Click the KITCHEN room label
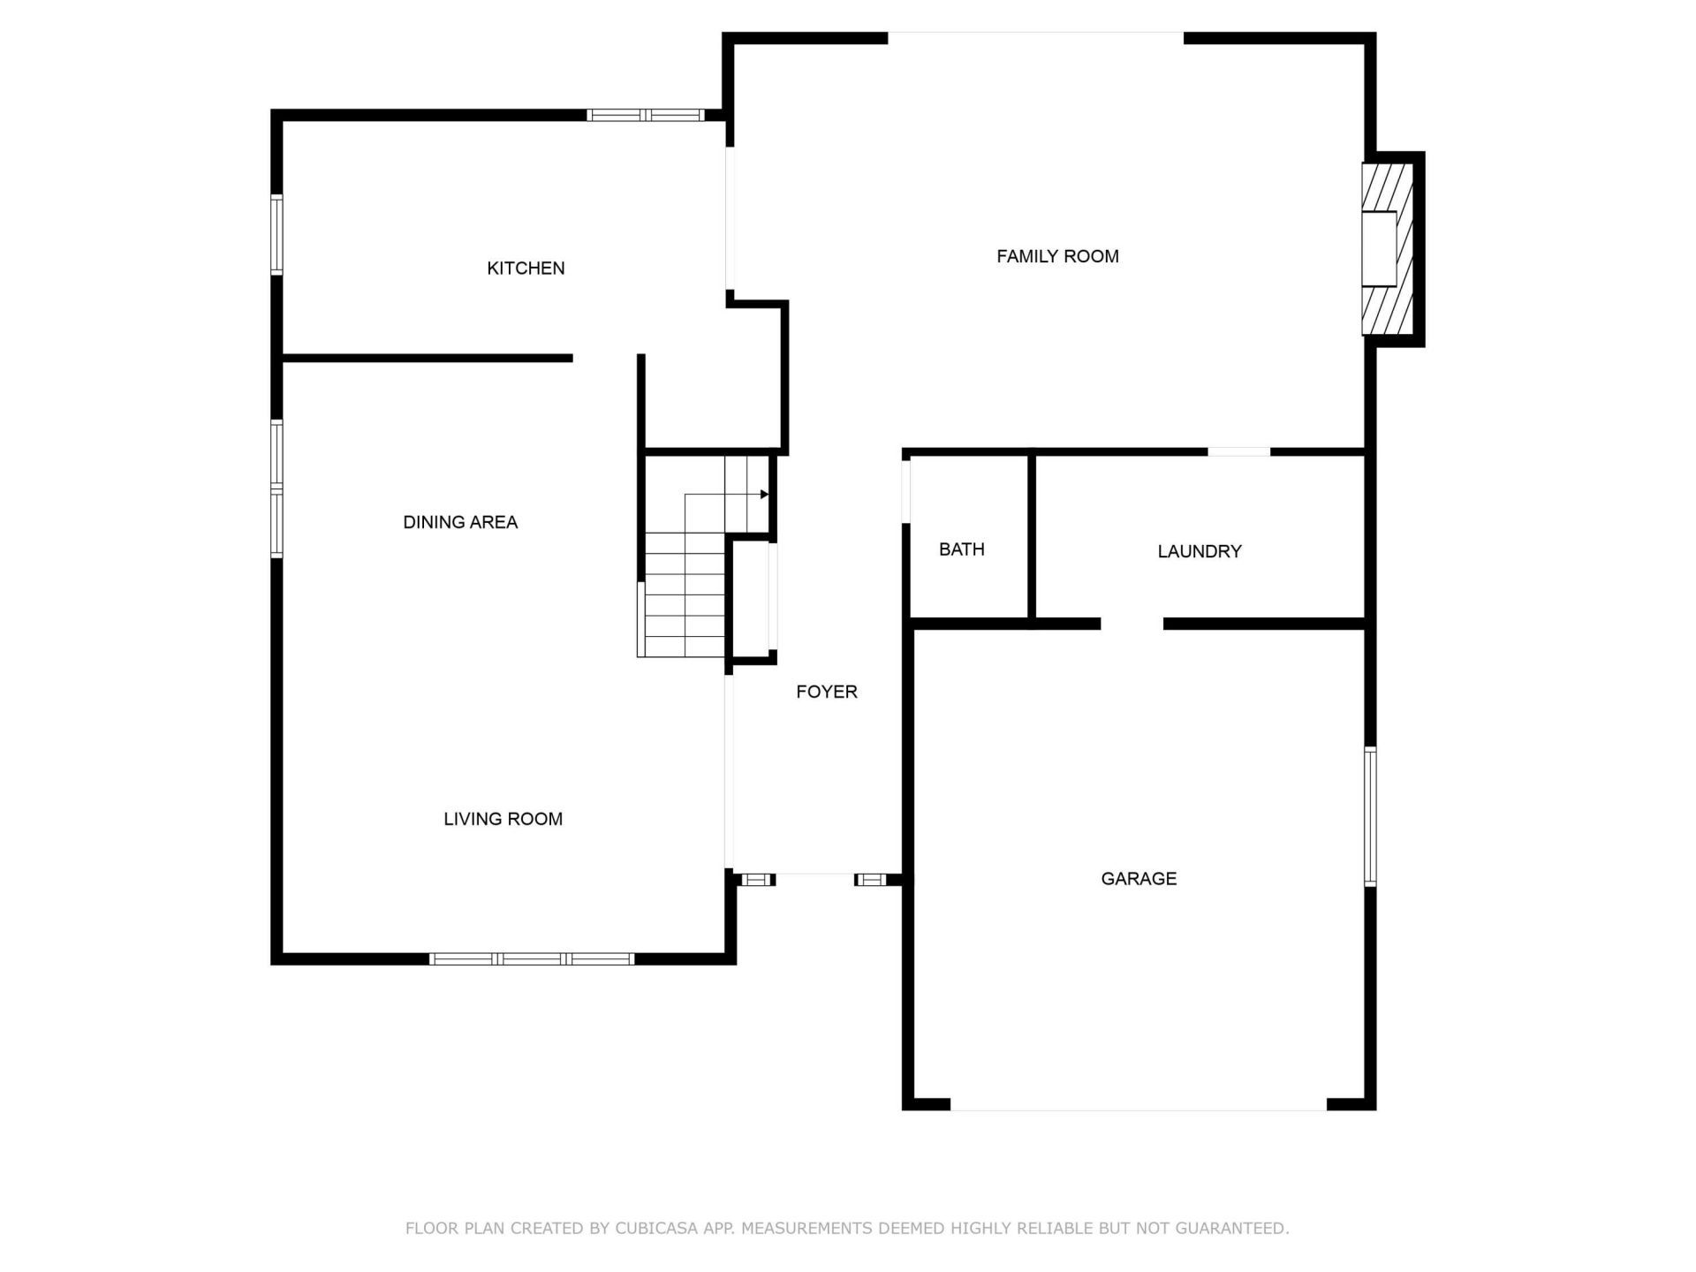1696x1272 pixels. [526, 268]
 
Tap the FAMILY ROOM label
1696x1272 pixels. [1057, 256]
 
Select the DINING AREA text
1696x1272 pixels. [460, 522]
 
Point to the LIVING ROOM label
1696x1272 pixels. [503, 819]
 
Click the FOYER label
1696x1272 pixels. [827, 692]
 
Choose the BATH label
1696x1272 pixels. [961, 549]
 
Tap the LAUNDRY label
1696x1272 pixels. [1200, 551]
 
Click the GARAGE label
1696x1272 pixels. [1139, 878]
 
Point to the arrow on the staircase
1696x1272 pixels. [764, 495]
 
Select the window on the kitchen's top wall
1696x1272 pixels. [646, 115]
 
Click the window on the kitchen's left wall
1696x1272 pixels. [276, 235]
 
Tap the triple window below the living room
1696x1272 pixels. [532, 959]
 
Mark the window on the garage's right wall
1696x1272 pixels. [1370, 816]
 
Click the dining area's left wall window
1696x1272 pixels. [276, 488]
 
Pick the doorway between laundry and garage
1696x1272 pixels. [1132, 624]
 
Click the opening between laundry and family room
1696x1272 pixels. [1238, 452]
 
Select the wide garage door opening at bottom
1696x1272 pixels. [1138, 1104]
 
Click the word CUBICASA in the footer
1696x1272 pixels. [656, 1228]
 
